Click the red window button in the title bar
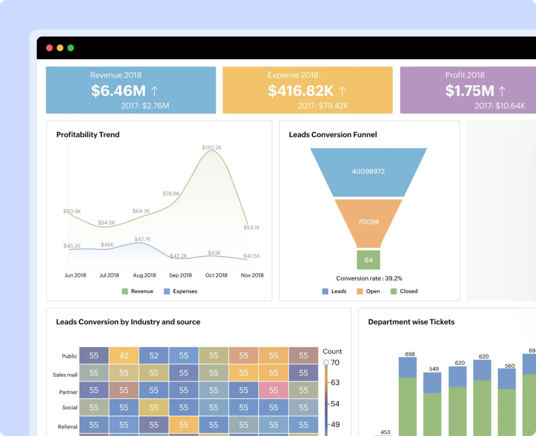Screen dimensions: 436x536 (x=50, y=48)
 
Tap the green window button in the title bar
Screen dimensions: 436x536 (x=71, y=48)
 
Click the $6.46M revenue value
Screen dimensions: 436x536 (x=119, y=91)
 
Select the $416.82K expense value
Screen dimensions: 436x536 (x=301, y=91)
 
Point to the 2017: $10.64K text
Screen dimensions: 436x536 (x=500, y=106)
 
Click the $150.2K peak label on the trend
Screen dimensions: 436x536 (x=212, y=148)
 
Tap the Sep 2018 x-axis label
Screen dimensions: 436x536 (x=180, y=275)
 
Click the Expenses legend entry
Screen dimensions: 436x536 (x=180, y=291)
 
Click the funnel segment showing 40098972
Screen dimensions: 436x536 (x=368, y=172)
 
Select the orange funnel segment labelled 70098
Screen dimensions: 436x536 (x=368, y=222)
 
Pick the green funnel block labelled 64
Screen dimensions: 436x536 (x=368, y=260)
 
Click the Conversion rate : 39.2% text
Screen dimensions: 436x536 (x=369, y=278)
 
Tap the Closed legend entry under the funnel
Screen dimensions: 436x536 (x=404, y=291)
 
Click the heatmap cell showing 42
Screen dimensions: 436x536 (x=124, y=356)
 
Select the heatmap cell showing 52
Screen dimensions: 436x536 (x=154, y=356)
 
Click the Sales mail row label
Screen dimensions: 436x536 (x=65, y=375)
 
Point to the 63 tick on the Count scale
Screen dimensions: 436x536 (x=335, y=383)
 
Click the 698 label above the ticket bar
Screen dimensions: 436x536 (x=410, y=354)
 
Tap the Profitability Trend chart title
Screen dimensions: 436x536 (x=88, y=134)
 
